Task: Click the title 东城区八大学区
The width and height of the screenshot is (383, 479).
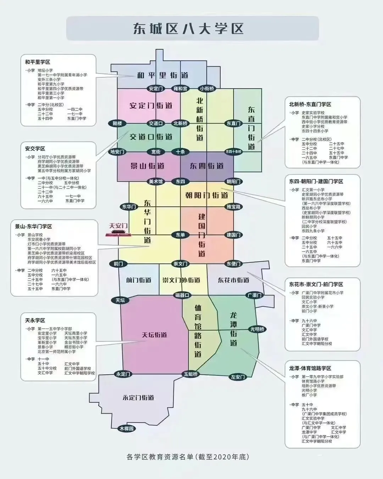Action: tap(188, 29)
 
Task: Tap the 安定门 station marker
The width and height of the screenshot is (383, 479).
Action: tap(156, 88)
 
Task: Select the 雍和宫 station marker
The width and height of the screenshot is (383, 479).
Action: tap(180, 88)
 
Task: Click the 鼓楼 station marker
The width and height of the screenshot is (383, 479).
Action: tap(117, 123)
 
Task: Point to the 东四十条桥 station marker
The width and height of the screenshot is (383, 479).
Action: tap(233, 152)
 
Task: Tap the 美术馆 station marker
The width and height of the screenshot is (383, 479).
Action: tap(156, 181)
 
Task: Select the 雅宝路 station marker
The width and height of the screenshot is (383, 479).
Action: tap(233, 206)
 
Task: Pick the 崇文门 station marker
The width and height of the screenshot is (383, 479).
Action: tap(180, 264)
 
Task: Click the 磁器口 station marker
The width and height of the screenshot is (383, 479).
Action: tap(183, 295)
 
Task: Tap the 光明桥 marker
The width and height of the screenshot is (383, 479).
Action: tap(257, 329)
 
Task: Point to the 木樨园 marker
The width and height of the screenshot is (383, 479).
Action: tap(127, 429)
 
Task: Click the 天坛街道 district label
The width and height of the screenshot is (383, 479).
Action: tap(154, 335)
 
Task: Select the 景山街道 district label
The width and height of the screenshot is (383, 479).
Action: tap(147, 166)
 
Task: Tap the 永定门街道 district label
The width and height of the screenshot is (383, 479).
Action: tap(138, 398)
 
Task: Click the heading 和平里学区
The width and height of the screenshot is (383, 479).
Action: tap(38, 62)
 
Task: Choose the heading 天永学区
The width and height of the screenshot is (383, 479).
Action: tap(35, 320)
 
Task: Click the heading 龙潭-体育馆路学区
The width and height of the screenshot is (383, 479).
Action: tap(310, 368)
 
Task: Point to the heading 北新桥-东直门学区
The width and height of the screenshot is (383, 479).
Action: tap(310, 104)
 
